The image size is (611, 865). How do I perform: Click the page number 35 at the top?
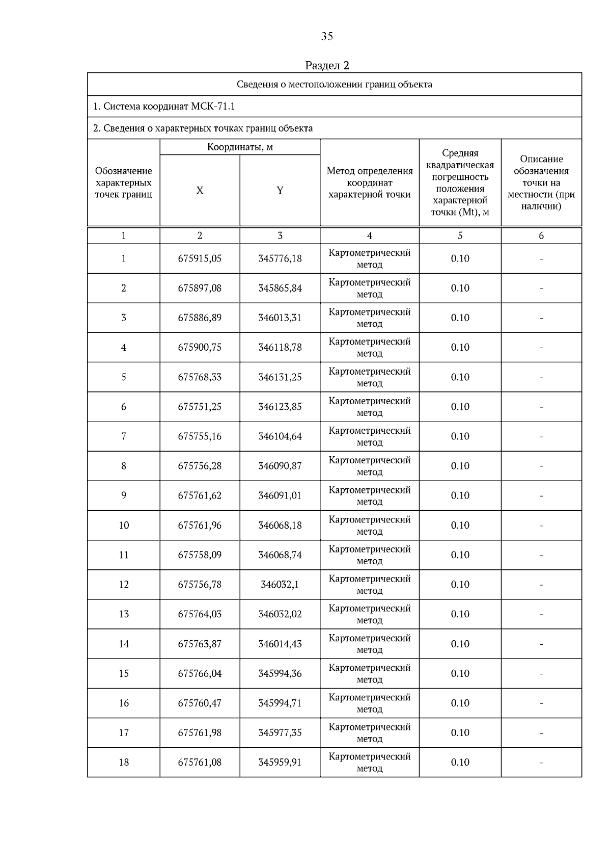tap(327, 36)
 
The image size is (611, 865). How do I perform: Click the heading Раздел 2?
tap(327, 65)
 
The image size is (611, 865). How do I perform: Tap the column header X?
tap(200, 190)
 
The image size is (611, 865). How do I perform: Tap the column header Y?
tap(280, 190)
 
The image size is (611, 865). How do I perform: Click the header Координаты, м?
tap(240, 147)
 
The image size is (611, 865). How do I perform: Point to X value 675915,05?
tap(200, 258)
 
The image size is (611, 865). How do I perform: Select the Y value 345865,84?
tap(280, 288)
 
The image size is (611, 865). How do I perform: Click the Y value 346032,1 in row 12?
tap(280, 585)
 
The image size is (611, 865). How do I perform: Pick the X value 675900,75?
tap(200, 347)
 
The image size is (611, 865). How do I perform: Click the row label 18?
tap(124, 762)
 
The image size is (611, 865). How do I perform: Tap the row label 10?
tap(124, 525)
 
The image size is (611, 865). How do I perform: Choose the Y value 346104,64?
tap(280, 436)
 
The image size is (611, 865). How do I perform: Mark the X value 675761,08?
tap(200, 762)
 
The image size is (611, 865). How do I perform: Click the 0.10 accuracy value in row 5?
tap(460, 377)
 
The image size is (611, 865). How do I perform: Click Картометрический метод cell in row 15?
tap(369, 673)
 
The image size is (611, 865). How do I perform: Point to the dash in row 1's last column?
tap(541, 259)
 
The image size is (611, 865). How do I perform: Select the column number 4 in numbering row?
tap(369, 235)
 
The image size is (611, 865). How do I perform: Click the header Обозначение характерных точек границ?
tap(124, 182)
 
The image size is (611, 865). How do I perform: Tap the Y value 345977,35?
tap(280, 732)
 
